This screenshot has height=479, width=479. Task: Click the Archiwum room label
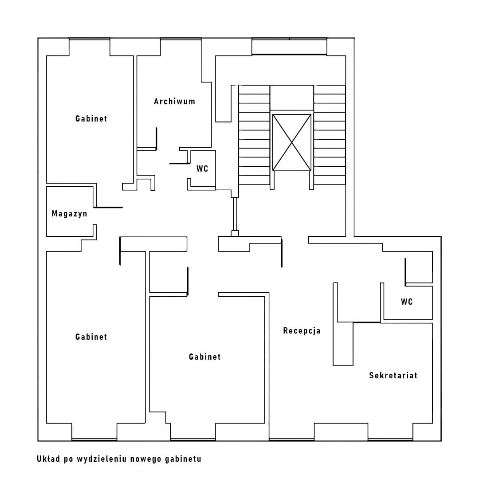[x=174, y=102]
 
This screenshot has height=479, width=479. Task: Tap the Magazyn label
[x=70, y=214]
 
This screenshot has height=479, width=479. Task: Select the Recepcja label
[x=302, y=331]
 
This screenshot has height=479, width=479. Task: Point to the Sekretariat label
[x=393, y=376]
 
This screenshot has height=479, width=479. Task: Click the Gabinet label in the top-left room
[x=91, y=119]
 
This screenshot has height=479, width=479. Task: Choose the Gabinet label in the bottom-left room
[x=91, y=337]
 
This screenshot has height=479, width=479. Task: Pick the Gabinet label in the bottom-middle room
[x=204, y=357]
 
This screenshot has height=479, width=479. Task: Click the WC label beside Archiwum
[x=202, y=169]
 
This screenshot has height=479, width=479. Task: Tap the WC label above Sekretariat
[x=407, y=302]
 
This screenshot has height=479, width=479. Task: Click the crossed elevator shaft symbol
[x=291, y=142]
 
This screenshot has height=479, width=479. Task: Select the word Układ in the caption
[x=48, y=459]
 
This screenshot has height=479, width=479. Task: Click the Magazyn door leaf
[x=109, y=207]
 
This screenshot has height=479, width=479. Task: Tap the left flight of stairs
[x=254, y=135]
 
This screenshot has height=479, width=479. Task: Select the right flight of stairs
[x=330, y=135]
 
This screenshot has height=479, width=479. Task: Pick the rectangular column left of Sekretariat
[x=343, y=343]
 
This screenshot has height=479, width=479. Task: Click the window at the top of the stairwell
[x=289, y=47]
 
